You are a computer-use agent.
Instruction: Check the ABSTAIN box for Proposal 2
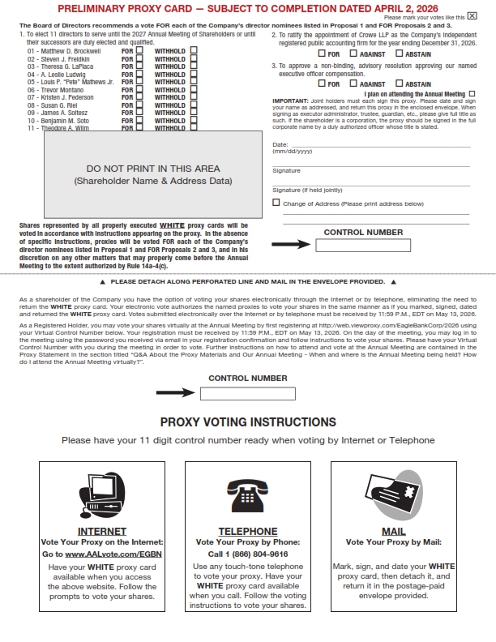pos(400,53)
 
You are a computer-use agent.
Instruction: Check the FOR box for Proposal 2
pos(322,53)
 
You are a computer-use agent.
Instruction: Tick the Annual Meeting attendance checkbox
pos(472,94)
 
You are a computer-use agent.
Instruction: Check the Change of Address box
pos(276,203)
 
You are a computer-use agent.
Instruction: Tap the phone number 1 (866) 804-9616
pos(248,553)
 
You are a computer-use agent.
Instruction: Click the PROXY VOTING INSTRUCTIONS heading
pos(248,422)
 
